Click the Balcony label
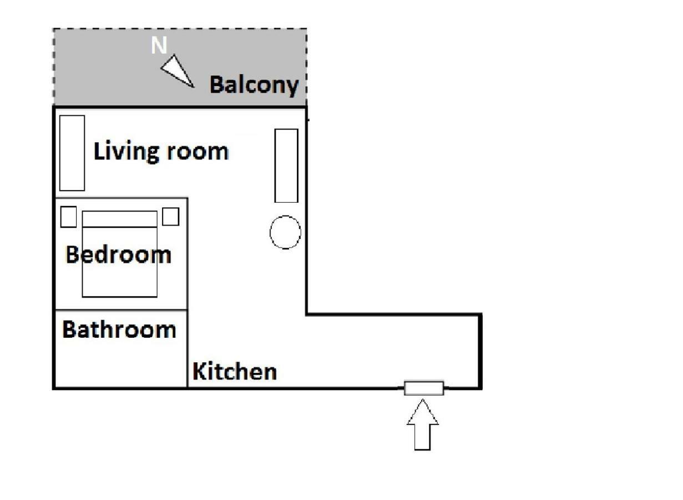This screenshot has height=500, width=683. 254,86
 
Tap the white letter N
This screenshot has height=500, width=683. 159,45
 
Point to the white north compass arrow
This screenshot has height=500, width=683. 177,71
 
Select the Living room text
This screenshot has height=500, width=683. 161,152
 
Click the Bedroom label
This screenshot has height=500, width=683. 118,254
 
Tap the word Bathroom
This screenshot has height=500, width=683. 119,329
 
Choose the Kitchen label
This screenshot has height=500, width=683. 235,372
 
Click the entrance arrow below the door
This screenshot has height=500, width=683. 423,424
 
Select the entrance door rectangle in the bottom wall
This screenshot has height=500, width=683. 424,388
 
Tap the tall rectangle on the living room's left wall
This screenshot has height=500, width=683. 72,153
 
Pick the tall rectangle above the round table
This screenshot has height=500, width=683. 286,166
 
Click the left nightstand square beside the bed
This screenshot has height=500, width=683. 69,217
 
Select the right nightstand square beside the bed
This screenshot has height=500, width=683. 171,217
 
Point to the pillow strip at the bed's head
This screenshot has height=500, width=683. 120,219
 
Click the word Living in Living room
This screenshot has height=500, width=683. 127,152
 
